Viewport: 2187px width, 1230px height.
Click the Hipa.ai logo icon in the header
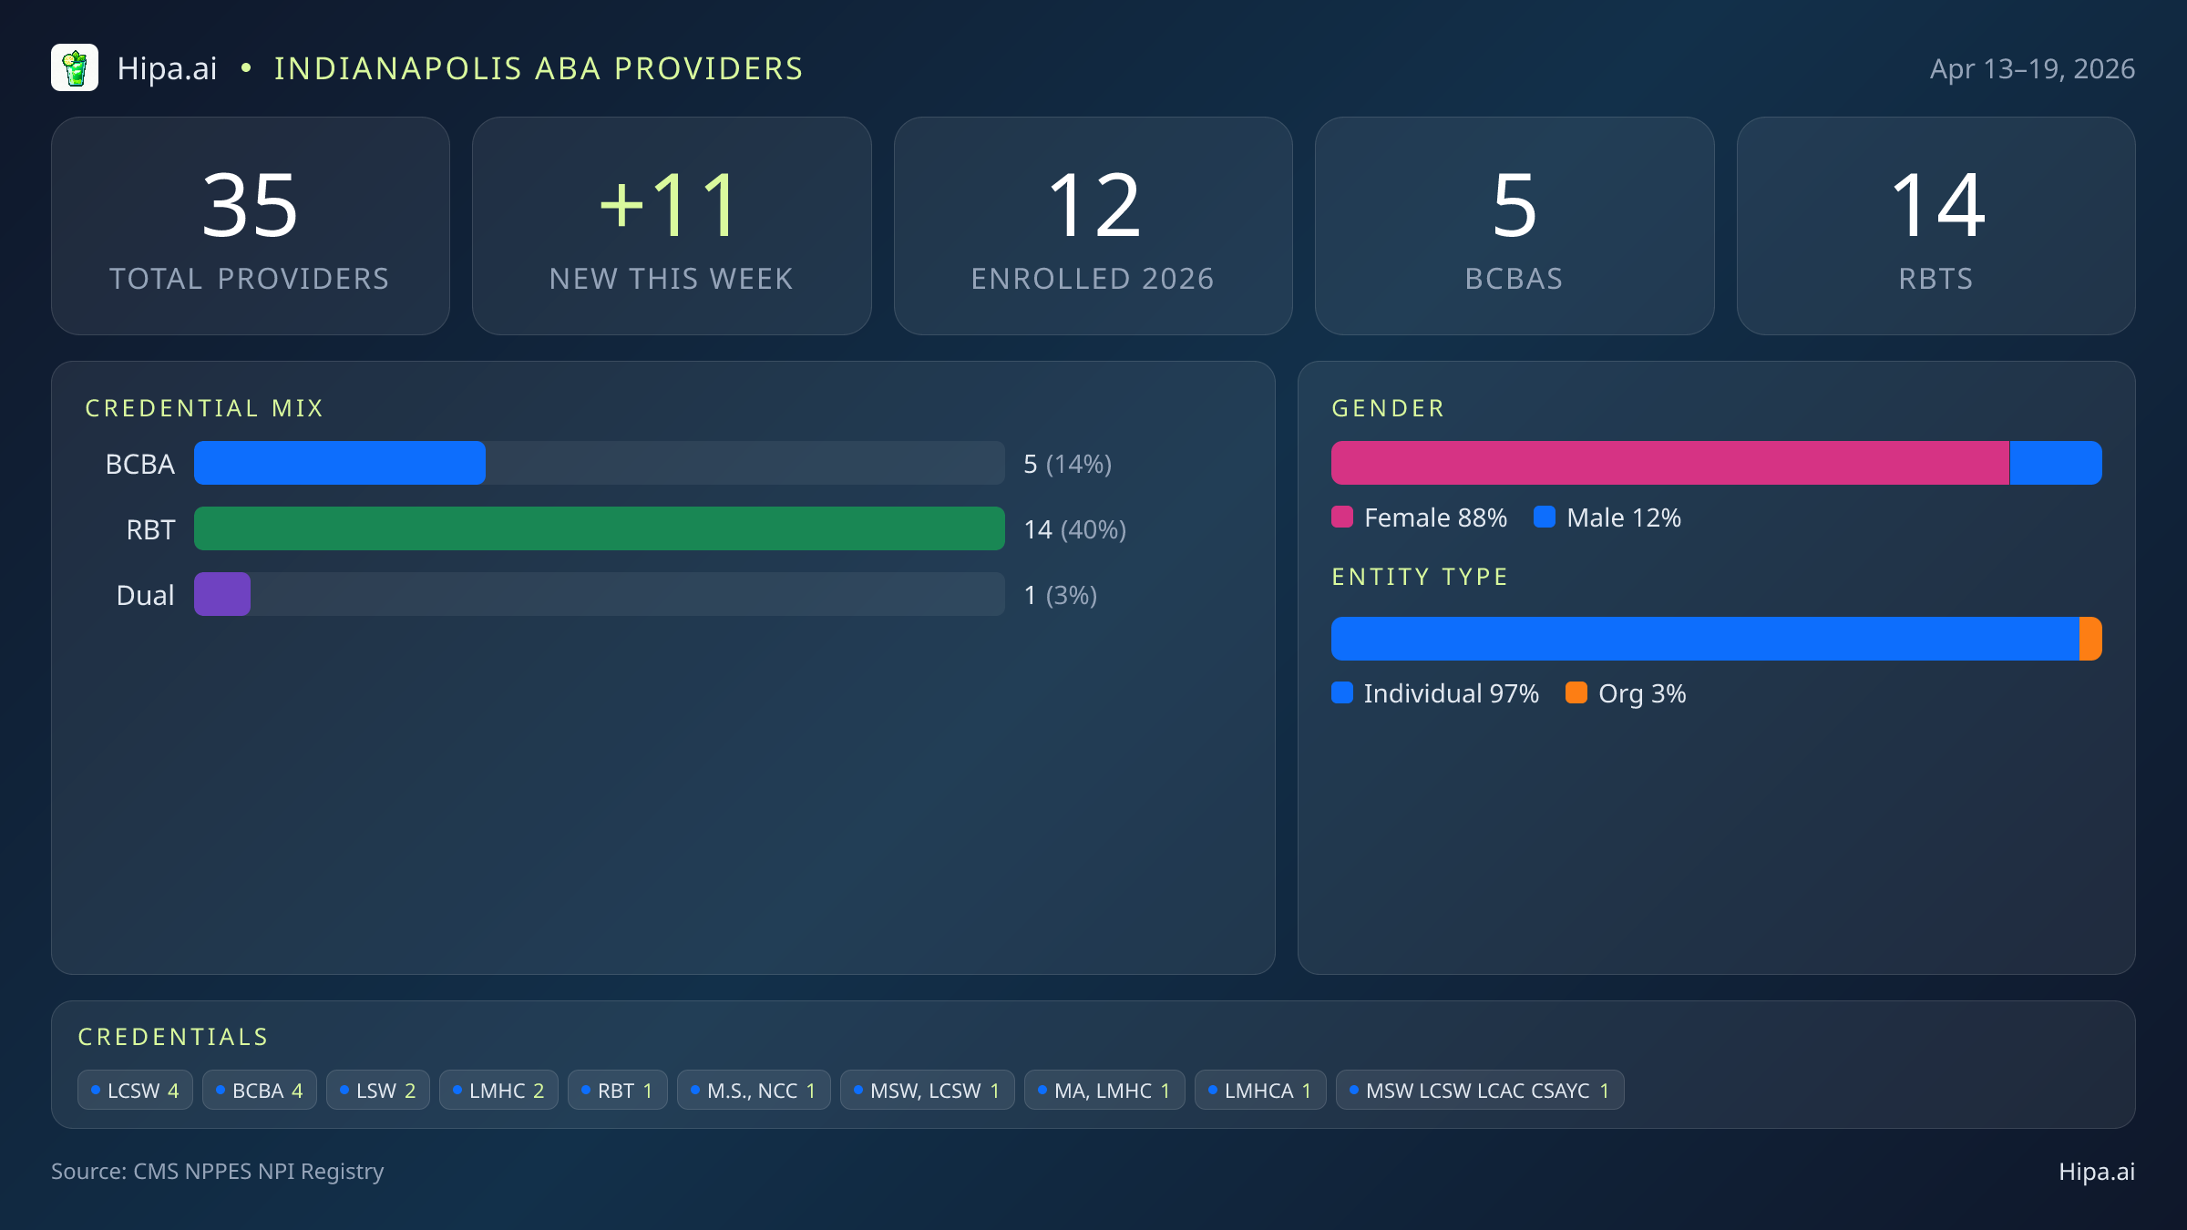tap(75, 68)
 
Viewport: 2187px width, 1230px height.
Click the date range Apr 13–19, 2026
tap(2032, 69)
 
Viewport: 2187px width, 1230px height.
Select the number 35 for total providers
tap(251, 206)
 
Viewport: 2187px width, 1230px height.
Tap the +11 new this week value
tap(671, 206)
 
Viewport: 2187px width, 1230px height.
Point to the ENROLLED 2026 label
tap(1093, 279)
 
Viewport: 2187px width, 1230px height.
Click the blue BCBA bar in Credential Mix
tap(339, 463)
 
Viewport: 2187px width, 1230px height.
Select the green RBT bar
tap(599, 528)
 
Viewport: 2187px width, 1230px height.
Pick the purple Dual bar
tap(222, 594)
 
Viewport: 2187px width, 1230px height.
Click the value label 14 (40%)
tap(1075, 529)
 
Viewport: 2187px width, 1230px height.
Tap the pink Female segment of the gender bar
tap(1669, 463)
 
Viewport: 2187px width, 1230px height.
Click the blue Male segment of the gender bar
tap(2056, 463)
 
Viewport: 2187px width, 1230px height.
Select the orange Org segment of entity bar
tap(2090, 639)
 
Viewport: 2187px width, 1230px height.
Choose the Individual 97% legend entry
tap(1435, 693)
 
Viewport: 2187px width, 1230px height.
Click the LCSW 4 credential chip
tap(135, 1091)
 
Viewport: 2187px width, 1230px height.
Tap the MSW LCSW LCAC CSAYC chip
tap(1479, 1091)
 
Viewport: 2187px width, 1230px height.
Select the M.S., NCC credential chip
tap(753, 1091)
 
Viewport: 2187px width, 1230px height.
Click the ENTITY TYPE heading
tap(1420, 577)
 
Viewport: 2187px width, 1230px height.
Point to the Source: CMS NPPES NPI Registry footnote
tap(218, 1171)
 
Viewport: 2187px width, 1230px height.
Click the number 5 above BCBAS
tap(1514, 206)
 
